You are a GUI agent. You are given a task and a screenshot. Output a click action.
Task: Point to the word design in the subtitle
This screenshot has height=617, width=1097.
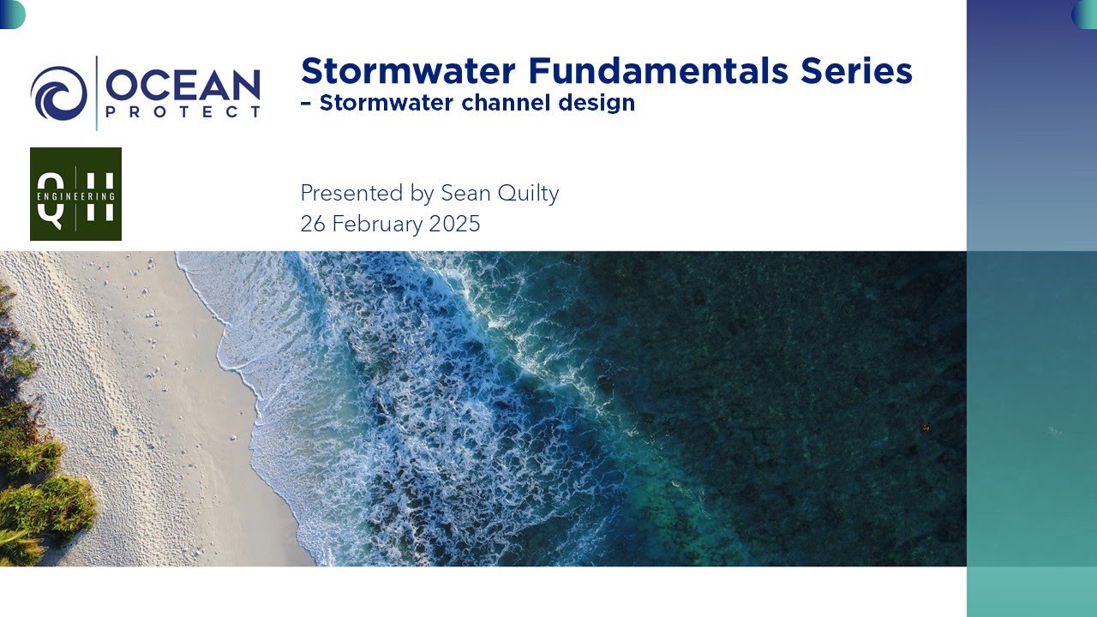[597, 104]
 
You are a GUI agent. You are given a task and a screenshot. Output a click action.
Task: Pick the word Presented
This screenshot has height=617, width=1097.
[351, 194]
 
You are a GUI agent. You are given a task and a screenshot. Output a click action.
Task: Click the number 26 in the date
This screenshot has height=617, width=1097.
[312, 225]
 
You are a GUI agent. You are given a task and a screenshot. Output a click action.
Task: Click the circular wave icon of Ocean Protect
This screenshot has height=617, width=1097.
[58, 93]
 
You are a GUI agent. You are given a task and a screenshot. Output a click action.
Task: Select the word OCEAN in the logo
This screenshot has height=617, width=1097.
[183, 86]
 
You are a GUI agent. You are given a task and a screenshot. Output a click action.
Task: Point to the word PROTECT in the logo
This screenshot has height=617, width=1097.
[183, 112]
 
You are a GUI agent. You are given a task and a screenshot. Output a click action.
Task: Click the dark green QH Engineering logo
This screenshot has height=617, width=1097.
[75, 194]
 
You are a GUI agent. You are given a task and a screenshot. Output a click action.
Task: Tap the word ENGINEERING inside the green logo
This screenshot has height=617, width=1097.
[75, 195]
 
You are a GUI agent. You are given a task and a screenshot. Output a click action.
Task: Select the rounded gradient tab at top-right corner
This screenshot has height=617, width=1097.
[1084, 15]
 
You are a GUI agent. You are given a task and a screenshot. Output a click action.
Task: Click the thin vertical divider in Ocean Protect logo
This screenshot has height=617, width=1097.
[97, 93]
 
